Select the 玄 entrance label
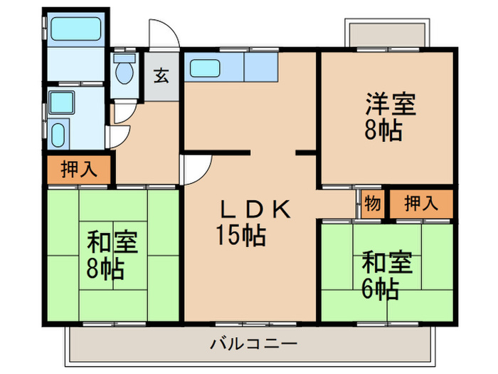coord(161,75)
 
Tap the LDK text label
coord(253,209)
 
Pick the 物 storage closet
coord(371,204)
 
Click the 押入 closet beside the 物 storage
coord(421,204)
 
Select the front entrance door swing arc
coord(161,34)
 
